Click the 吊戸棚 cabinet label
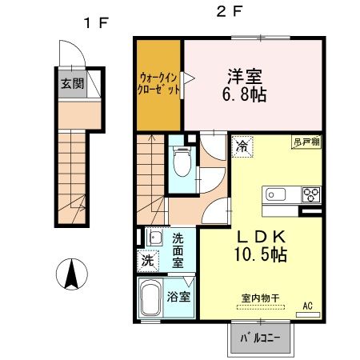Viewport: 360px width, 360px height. click(x=307, y=141)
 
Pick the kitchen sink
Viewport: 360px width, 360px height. click(x=278, y=194)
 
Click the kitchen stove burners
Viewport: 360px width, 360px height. click(x=310, y=194)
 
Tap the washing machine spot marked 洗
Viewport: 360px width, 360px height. click(x=147, y=260)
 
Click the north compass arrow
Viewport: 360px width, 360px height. click(x=70, y=275)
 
